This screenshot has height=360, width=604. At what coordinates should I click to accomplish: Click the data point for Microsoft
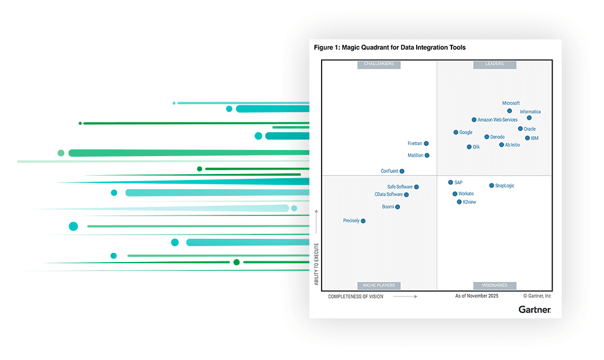(x=510, y=111)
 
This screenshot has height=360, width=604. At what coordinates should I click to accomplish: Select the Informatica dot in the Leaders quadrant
(x=529, y=118)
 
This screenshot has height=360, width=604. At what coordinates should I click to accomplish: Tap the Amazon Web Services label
(x=497, y=120)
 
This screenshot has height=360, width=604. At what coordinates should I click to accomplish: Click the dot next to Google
(x=456, y=132)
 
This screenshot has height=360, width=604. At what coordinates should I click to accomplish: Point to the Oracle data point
(x=520, y=129)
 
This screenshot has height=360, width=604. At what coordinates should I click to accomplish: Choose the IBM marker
(x=527, y=138)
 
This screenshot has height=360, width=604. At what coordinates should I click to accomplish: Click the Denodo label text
(x=497, y=137)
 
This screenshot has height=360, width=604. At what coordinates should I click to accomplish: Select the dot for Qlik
(x=469, y=147)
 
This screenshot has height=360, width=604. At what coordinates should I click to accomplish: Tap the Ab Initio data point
(x=501, y=145)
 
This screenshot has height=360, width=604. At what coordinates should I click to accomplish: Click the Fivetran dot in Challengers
(x=426, y=144)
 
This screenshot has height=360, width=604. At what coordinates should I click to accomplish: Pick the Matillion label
(x=415, y=156)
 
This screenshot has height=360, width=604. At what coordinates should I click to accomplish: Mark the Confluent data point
(x=402, y=171)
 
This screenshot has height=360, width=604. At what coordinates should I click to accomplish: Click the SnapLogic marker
(x=491, y=186)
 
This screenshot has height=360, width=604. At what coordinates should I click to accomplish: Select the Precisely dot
(x=363, y=221)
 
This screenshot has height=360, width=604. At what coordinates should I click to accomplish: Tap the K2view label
(x=470, y=202)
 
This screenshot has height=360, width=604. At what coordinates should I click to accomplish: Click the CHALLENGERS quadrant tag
(x=379, y=64)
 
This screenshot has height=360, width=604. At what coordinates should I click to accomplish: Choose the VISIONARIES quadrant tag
(x=494, y=285)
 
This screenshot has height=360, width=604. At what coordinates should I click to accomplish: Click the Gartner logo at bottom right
(x=535, y=310)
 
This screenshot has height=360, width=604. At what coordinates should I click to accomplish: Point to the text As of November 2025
(x=477, y=296)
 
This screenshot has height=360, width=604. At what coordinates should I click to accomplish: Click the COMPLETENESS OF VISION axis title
(x=356, y=296)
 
